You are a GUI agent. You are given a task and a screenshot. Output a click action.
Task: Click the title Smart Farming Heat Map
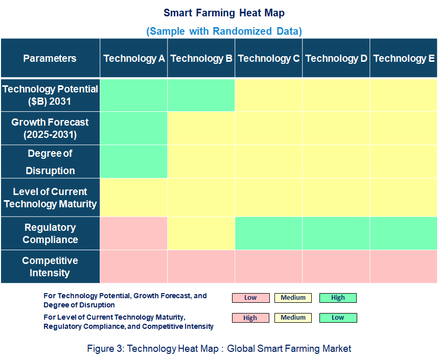[224, 13]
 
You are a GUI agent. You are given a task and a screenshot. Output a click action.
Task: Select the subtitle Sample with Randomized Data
[224, 31]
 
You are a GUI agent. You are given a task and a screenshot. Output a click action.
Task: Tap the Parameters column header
[50, 58]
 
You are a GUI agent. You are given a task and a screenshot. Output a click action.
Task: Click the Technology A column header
[134, 58]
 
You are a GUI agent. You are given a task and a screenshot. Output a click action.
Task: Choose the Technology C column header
[268, 58]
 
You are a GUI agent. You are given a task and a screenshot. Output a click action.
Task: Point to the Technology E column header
[404, 58]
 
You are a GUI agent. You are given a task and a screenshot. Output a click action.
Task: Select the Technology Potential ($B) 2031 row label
[50, 95]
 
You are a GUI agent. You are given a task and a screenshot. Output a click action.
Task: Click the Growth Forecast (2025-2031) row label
[50, 128]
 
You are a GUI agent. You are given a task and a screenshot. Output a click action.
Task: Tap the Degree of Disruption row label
[50, 162]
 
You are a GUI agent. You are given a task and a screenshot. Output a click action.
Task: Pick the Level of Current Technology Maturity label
[50, 198]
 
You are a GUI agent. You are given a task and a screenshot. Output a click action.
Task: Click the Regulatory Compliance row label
[50, 233]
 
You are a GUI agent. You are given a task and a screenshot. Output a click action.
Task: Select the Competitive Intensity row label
[50, 267]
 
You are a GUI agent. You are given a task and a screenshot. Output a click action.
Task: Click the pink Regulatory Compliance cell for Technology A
[134, 233]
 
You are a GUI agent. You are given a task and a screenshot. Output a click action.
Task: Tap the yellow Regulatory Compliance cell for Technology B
[201, 233]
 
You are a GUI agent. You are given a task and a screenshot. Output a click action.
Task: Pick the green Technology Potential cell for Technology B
[201, 95]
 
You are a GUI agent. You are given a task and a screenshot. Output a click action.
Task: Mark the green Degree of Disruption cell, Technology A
[134, 162]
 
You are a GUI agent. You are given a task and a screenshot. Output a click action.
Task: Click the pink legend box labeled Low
[250, 298]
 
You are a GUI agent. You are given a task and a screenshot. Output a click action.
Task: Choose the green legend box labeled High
[338, 298]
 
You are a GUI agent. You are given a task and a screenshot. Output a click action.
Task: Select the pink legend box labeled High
[250, 318]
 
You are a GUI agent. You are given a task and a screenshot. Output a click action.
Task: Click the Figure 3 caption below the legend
[219, 349]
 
